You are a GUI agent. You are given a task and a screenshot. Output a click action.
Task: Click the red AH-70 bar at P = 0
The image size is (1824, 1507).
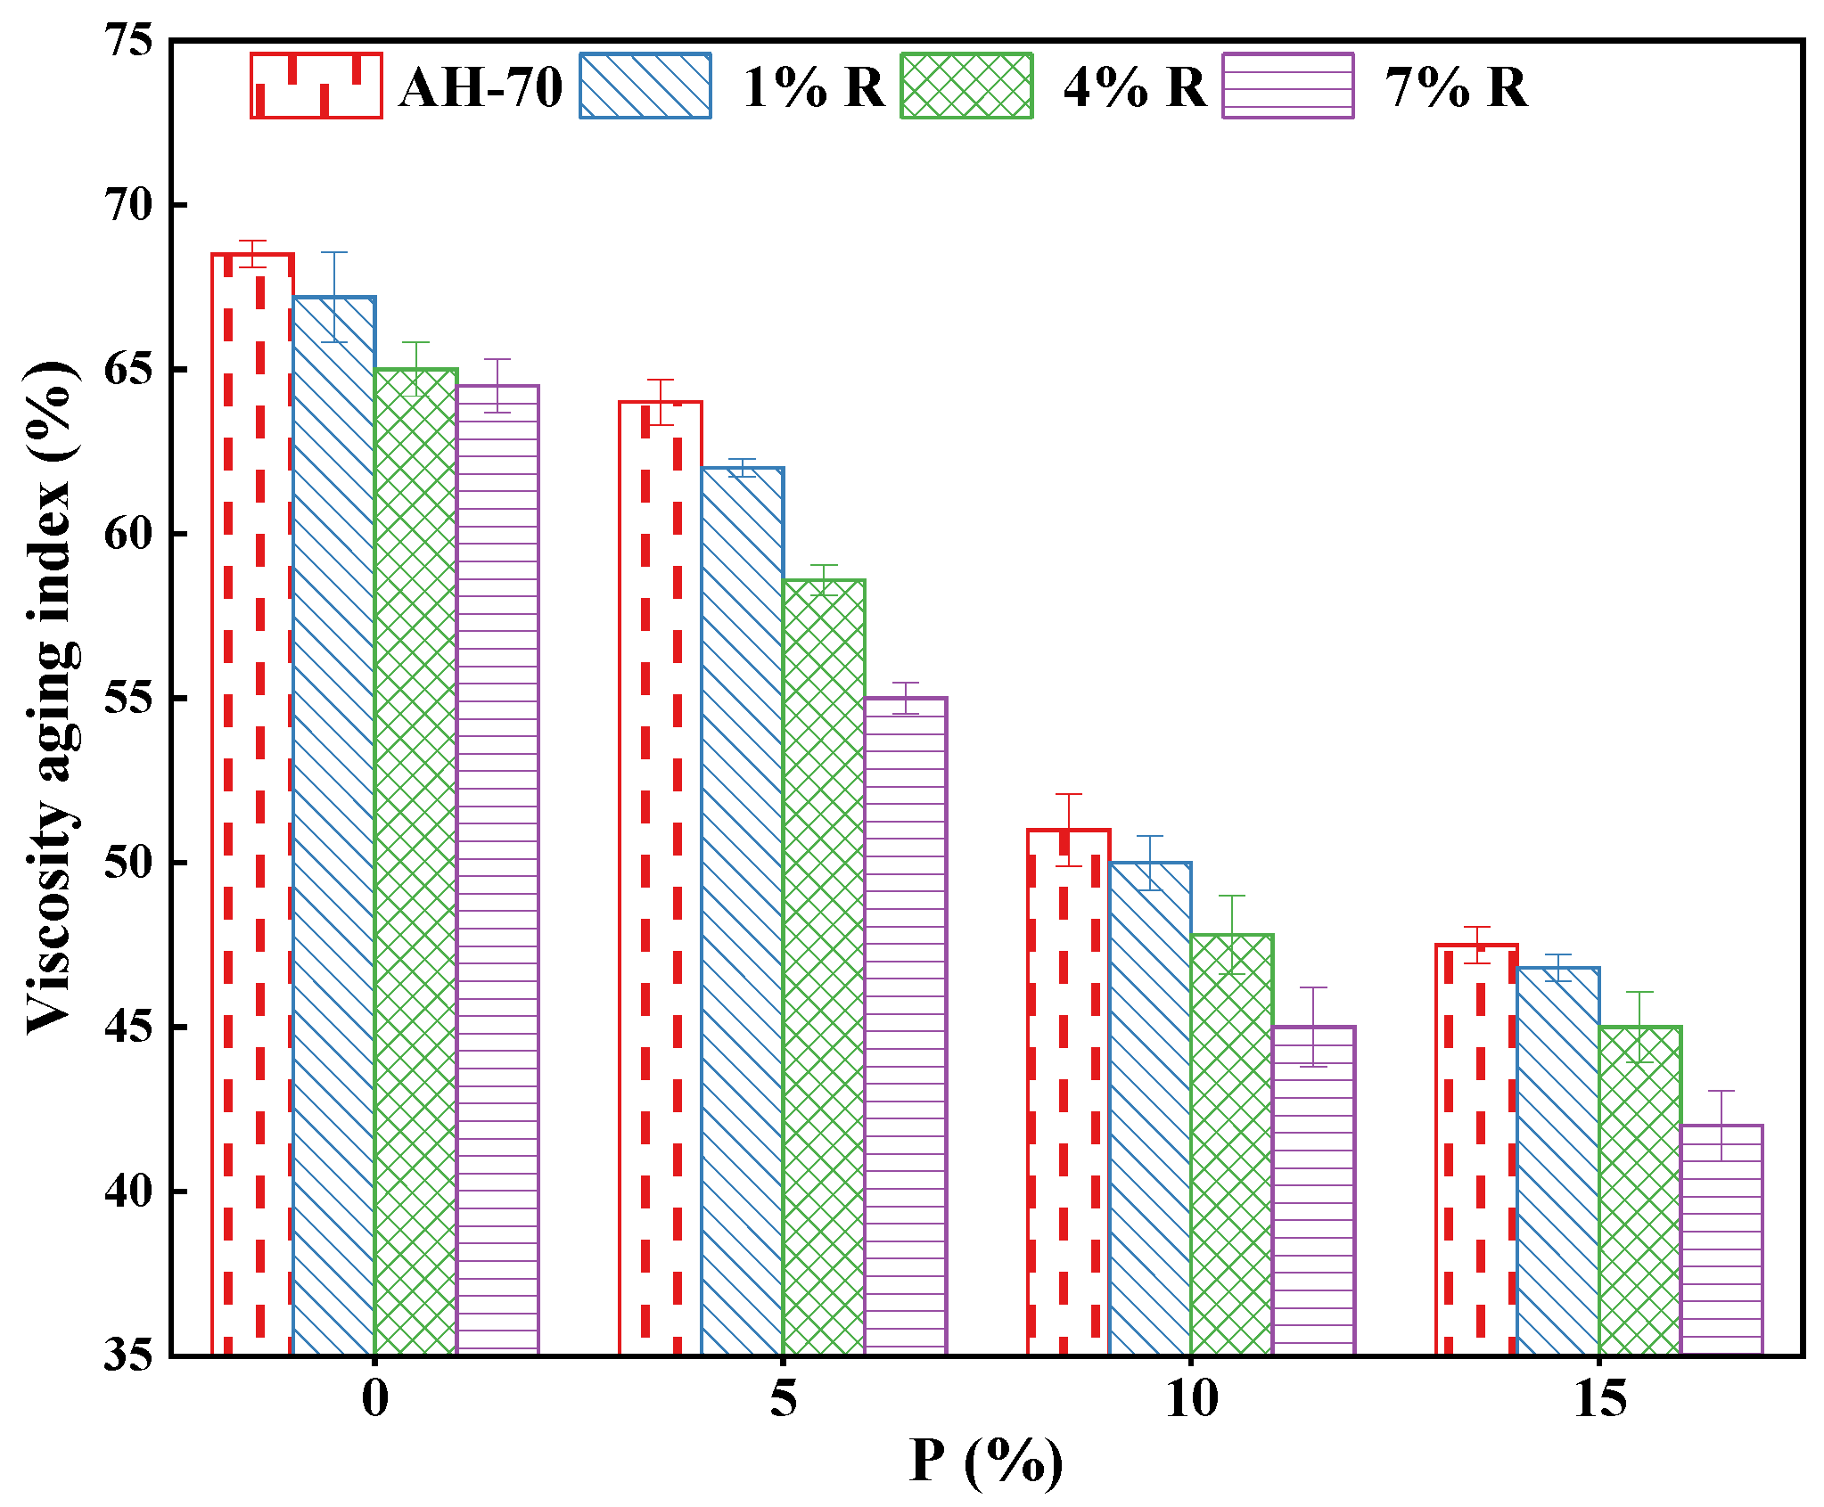click(x=252, y=802)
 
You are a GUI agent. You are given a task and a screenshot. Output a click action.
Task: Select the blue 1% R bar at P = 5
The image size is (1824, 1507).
click(x=742, y=909)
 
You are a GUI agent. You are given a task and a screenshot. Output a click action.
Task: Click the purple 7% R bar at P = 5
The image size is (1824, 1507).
click(x=905, y=1025)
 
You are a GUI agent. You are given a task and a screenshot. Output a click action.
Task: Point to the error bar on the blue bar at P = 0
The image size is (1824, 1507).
click(x=334, y=297)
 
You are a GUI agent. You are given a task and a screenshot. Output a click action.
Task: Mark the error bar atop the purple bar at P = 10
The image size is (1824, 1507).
click(x=1313, y=1027)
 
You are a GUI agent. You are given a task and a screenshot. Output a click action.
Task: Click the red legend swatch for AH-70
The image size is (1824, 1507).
click(x=316, y=86)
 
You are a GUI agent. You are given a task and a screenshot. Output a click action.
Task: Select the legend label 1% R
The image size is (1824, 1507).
click(x=812, y=87)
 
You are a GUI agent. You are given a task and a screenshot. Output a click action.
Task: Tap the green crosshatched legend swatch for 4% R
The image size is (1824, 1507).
click(x=966, y=86)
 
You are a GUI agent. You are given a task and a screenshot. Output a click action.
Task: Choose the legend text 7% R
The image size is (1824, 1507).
click(x=1455, y=87)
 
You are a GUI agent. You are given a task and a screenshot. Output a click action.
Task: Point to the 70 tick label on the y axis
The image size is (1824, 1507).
click(x=129, y=206)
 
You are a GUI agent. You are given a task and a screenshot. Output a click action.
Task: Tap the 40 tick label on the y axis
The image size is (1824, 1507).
click(x=129, y=1192)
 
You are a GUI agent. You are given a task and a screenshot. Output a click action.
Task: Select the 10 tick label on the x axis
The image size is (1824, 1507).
click(x=1191, y=1399)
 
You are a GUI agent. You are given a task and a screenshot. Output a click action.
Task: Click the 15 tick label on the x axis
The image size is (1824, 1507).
click(x=1599, y=1399)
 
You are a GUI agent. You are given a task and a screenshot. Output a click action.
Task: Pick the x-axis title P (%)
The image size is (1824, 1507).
click(x=986, y=1462)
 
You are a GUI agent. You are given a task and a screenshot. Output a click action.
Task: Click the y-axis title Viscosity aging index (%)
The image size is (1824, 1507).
click(x=51, y=697)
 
